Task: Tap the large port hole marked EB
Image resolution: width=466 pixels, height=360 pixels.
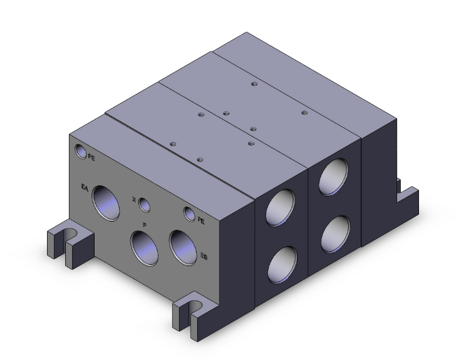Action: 182,245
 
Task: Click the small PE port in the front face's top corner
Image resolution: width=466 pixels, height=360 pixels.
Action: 81,151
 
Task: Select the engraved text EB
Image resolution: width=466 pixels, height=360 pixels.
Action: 204,255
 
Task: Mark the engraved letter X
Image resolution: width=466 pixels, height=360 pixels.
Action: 134,200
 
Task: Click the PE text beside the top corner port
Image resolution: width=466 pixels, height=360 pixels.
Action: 92,157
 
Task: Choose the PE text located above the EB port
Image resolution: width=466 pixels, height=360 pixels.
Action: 201,220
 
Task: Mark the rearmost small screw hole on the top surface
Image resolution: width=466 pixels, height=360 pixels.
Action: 254,83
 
